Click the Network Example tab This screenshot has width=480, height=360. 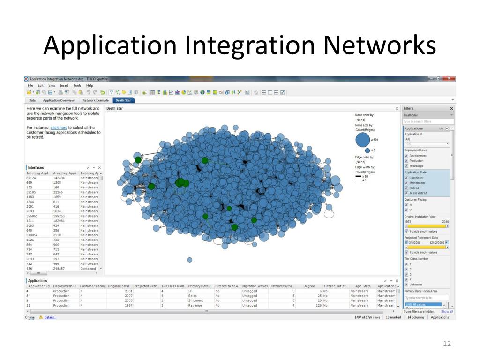coord(96,100)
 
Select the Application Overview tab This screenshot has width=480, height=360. coord(59,100)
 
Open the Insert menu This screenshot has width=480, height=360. coord(64,85)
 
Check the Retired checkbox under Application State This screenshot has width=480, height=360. coord(406,188)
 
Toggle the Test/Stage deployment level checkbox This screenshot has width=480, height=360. coord(406,166)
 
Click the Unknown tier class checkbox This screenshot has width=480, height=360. coord(406,285)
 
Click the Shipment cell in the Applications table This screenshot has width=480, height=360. coord(195,300)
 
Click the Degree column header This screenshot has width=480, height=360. coord(309,286)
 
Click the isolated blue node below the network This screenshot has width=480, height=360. coord(190,260)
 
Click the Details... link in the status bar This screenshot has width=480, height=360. coord(50,317)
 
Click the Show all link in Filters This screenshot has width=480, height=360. coord(447,311)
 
